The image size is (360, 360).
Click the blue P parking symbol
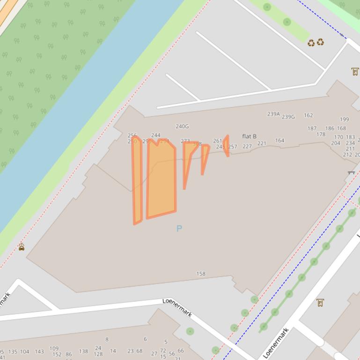click(179, 229)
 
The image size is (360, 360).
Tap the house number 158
click(201, 274)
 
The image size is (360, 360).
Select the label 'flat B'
click(249, 137)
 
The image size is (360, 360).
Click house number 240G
click(182, 126)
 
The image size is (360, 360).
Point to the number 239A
click(273, 114)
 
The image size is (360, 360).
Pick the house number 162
click(308, 115)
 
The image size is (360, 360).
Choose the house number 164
click(279, 140)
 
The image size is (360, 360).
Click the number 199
click(344, 119)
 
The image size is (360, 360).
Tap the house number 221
click(262, 144)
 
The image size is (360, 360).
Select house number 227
click(247, 146)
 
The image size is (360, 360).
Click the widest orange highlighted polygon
click(162, 178)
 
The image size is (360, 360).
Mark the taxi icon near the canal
click(22, 247)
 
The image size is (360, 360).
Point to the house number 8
click(107, 339)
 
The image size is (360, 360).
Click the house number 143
click(39, 352)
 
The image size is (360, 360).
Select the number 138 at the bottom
click(83, 351)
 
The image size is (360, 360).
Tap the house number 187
click(312, 128)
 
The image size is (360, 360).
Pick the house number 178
click(321, 134)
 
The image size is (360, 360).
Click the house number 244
click(156, 136)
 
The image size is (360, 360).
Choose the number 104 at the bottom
click(24, 352)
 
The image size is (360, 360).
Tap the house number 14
click(113, 351)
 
